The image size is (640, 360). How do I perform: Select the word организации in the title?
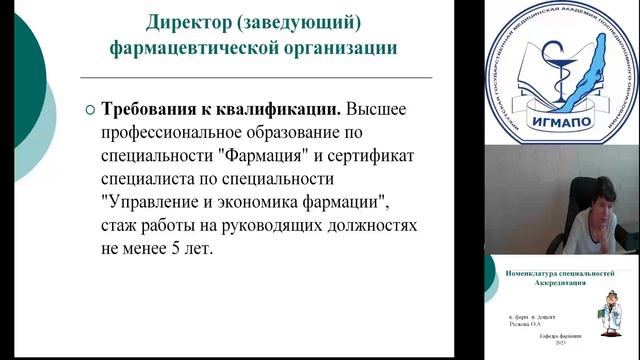(334, 47)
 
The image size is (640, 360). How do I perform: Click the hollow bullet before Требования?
(90, 110)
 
